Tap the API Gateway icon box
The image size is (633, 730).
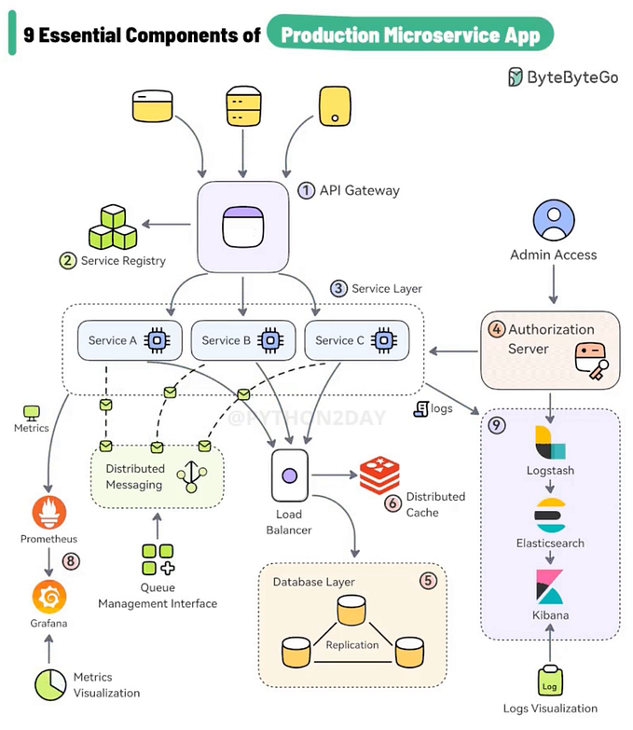pos(242,226)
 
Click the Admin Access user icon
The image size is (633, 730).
pos(553,221)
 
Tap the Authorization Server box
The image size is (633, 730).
pos(549,350)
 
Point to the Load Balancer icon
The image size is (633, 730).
pos(289,475)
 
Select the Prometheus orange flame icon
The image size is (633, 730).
pos(48,514)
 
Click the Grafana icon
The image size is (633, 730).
pos(48,595)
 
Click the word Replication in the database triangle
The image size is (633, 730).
pos(352,644)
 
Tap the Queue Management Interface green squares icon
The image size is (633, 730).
pos(157,559)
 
